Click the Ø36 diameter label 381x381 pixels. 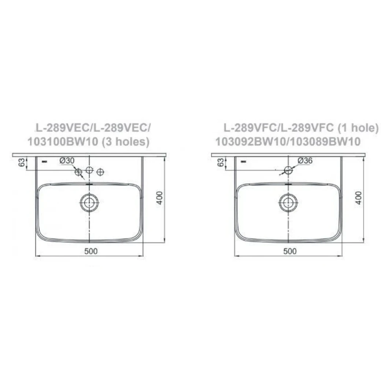[x=305, y=160]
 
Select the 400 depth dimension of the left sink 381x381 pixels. [x=159, y=198]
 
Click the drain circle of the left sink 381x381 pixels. [x=89, y=203]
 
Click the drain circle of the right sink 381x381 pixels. [x=288, y=203]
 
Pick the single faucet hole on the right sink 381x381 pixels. [x=288, y=170]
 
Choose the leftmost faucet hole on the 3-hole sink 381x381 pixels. [x=78, y=171]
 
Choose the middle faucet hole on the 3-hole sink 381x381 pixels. [x=89, y=170]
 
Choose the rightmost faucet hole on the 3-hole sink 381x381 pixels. [x=101, y=171]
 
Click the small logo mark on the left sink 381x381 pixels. [x=45, y=160]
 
